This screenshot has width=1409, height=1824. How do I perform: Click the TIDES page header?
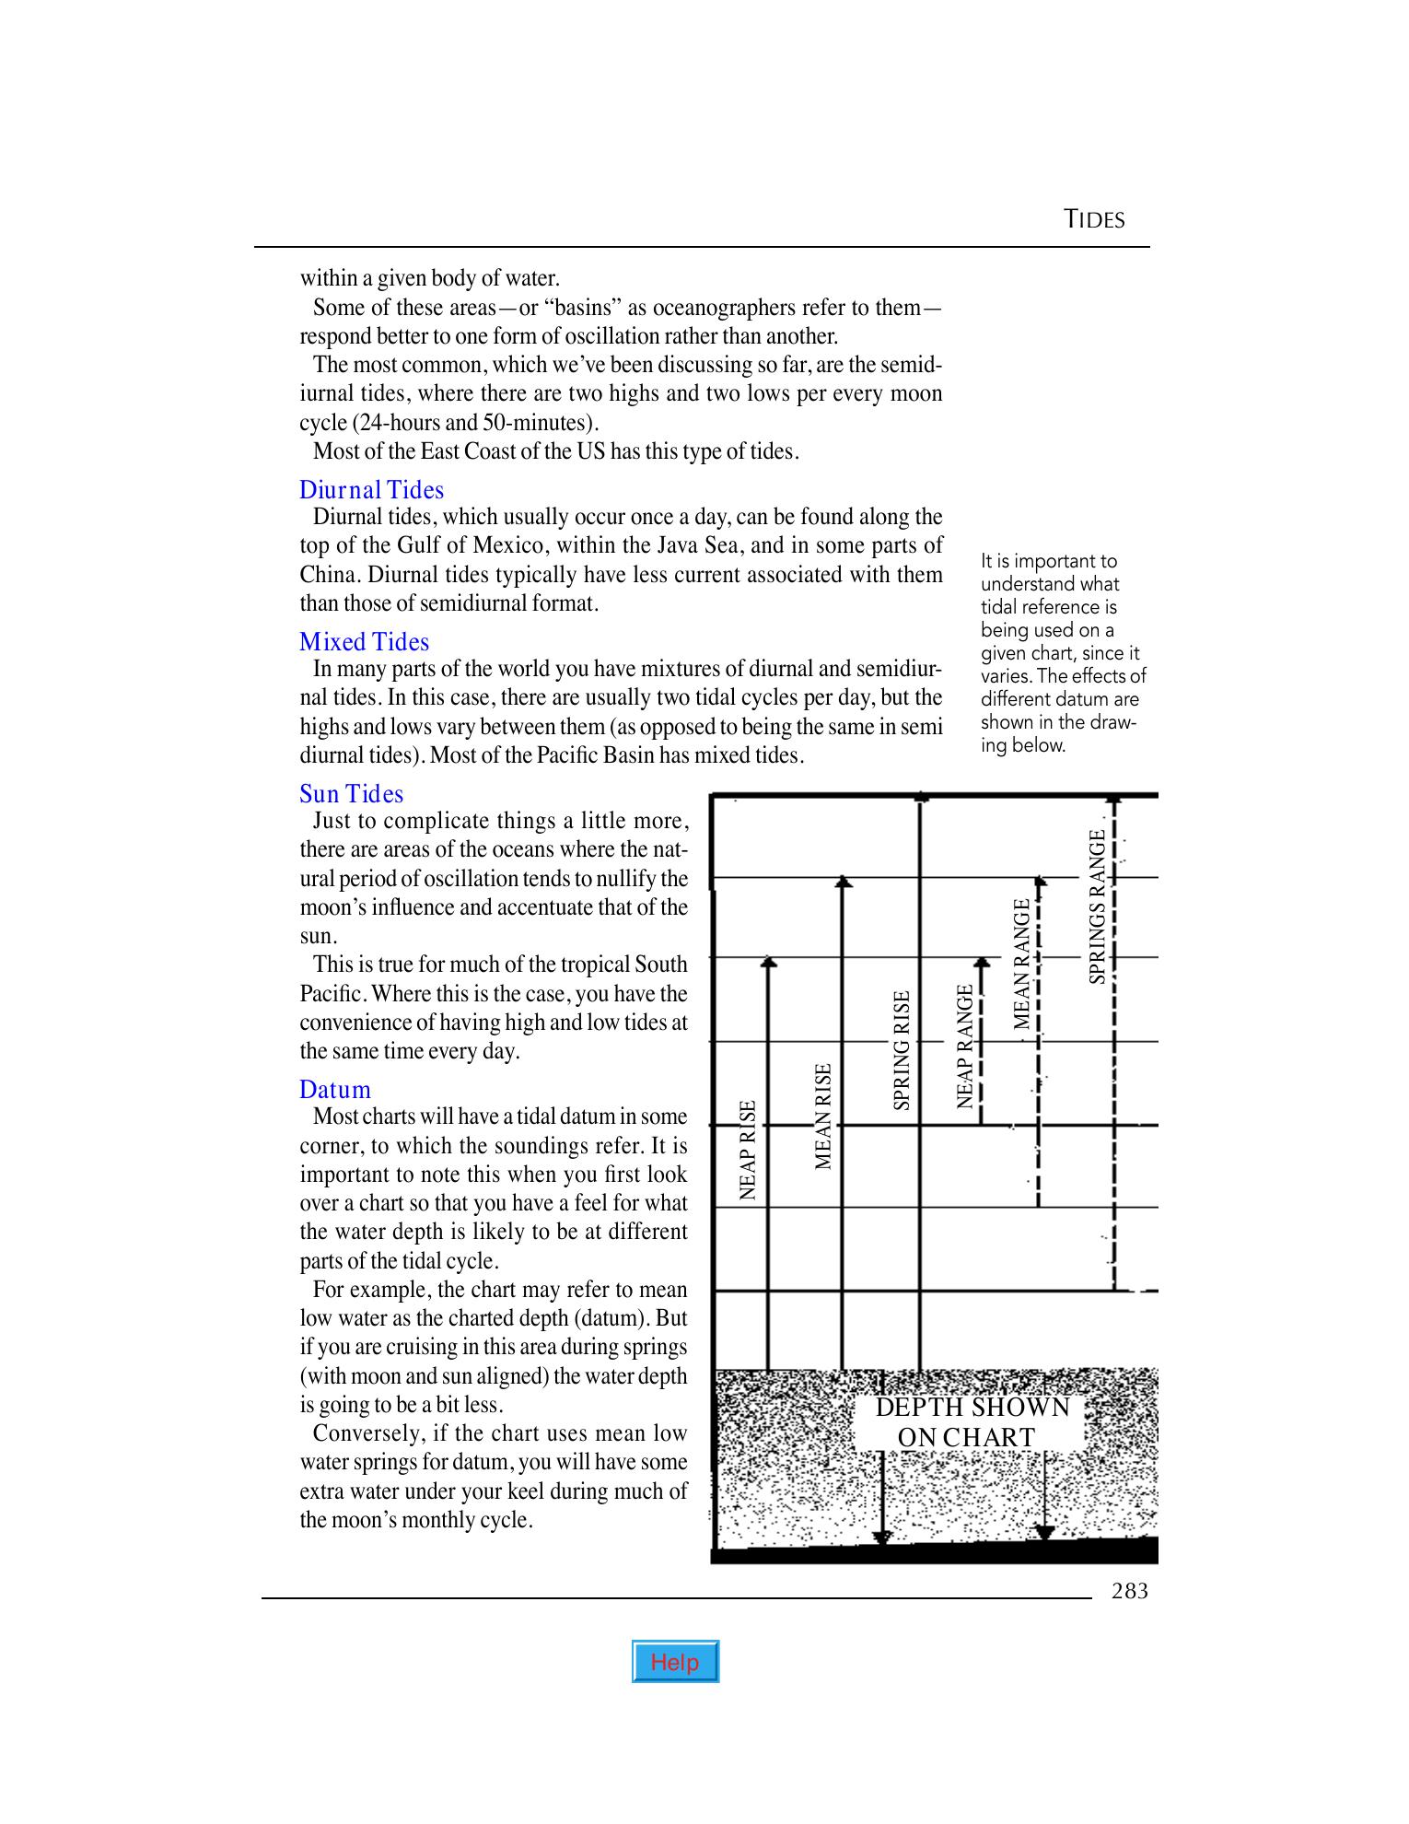(x=1094, y=219)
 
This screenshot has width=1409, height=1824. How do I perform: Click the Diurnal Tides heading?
(x=371, y=490)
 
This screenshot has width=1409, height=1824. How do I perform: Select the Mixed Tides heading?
(x=364, y=642)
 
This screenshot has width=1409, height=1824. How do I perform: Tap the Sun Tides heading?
(x=351, y=794)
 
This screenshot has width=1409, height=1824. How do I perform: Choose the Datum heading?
(x=335, y=1090)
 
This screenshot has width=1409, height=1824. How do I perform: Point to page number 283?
(x=1130, y=1591)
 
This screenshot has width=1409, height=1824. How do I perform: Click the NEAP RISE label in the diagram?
(x=749, y=1150)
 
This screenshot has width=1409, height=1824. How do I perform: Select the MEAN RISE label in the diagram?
(x=824, y=1117)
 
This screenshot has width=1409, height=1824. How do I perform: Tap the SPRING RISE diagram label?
(x=902, y=1049)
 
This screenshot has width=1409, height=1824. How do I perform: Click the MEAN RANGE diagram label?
(x=1021, y=965)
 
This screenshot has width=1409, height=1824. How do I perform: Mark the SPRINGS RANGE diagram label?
(x=1097, y=907)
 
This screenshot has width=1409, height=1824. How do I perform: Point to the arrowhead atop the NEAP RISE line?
(x=769, y=963)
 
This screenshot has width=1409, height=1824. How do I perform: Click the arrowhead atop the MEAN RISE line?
(x=844, y=883)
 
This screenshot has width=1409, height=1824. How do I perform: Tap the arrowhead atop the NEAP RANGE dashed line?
(x=982, y=963)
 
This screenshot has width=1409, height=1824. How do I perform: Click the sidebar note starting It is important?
(x=1061, y=652)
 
